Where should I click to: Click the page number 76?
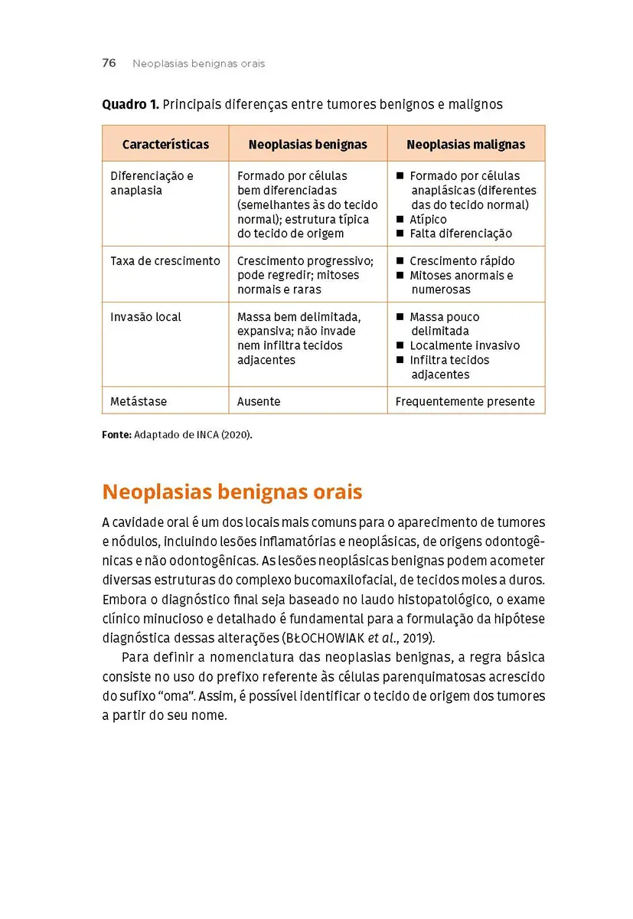(x=109, y=64)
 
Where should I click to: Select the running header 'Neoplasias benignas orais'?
(x=198, y=64)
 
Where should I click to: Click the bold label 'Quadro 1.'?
(x=130, y=103)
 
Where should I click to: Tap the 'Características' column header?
(x=165, y=144)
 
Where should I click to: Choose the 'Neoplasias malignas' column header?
(x=465, y=144)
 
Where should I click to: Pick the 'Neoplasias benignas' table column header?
(x=308, y=144)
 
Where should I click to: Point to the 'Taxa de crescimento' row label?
(x=165, y=261)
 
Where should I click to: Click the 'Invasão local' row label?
(x=145, y=317)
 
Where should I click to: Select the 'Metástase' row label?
(x=139, y=401)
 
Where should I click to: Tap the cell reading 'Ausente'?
(x=259, y=401)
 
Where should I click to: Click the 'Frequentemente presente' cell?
(x=465, y=401)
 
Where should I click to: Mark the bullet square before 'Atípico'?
(x=400, y=220)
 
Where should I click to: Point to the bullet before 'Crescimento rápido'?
(x=400, y=261)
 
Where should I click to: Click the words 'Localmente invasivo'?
(x=465, y=345)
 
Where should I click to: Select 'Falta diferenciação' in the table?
(x=461, y=234)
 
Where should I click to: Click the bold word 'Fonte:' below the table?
(x=116, y=434)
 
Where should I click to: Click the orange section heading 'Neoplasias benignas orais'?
(x=232, y=491)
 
